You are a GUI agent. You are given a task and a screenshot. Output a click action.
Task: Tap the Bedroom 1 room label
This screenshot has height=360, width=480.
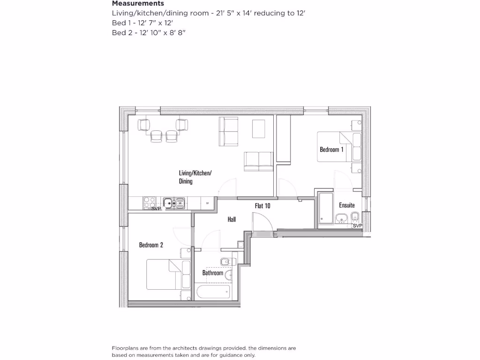pos(331,150)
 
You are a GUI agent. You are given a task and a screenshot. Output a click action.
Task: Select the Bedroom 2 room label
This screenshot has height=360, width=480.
pos(151,245)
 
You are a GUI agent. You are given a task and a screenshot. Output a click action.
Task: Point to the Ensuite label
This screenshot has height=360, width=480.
pos(347,205)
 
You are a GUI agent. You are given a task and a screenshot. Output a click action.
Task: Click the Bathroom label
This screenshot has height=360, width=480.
pos(212,273)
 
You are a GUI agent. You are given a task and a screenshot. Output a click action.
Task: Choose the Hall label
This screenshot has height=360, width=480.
pos(232,219)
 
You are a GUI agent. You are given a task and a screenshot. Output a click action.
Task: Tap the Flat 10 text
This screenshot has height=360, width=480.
pos(262,205)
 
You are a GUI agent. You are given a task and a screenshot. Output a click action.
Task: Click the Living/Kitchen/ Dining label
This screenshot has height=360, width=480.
pos(195,177)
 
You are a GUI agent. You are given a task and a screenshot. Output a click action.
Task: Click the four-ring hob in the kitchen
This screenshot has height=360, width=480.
pos(149,202)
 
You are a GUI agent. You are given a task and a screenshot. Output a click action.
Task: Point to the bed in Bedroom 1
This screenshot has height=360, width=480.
pos(338,147)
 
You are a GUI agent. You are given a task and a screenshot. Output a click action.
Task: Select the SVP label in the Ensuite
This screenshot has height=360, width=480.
pos(357,226)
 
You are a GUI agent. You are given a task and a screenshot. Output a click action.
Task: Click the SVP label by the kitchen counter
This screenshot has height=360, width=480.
pos(156,208)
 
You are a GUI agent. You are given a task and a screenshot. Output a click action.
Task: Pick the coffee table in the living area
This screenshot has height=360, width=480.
pos(259,129)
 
